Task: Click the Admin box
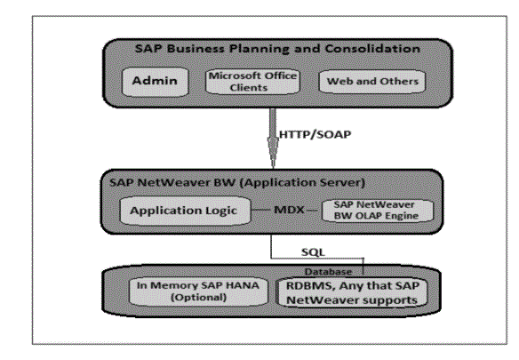click(156, 82)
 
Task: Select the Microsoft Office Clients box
click(252, 82)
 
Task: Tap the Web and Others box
click(372, 82)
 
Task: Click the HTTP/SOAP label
click(315, 134)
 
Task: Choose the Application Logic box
click(185, 211)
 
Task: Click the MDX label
click(289, 210)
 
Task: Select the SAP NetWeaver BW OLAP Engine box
click(378, 211)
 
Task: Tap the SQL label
click(313, 252)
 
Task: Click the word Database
click(328, 272)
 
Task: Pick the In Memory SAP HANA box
click(198, 292)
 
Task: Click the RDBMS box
click(352, 293)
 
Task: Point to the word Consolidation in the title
click(372, 49)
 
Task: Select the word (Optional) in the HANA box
click(198, 298)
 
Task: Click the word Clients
click(249, 88)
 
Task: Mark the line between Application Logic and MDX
click(260, 210)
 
